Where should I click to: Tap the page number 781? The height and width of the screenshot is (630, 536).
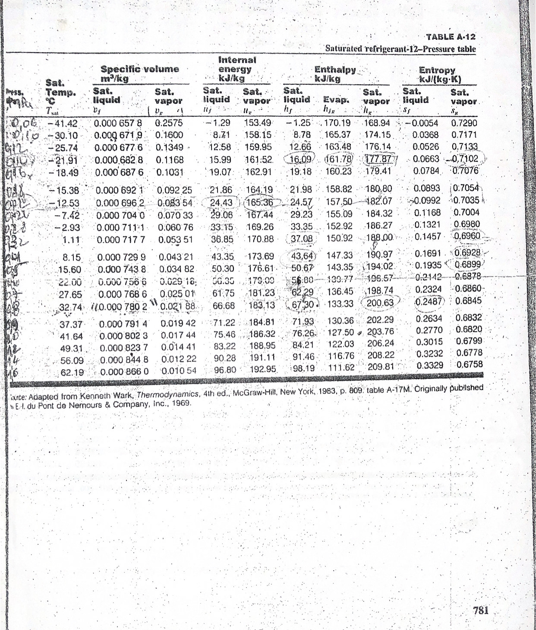[x=481, y=611]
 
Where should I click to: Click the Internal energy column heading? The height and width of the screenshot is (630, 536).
[x=237, y=69]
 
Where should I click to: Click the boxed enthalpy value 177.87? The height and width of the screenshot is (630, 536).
[x=378, y=159]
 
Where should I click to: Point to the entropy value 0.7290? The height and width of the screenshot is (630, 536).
[x=464, y=123]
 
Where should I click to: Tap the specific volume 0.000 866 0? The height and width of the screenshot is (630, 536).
[x=124, y=371]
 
